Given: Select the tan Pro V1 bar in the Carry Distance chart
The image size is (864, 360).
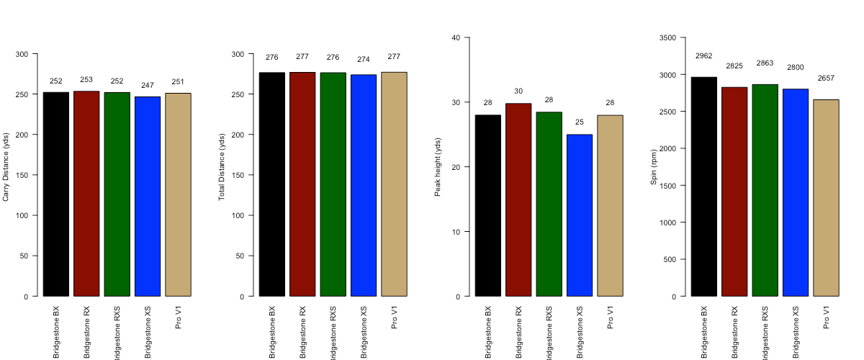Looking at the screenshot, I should click(x=178, y=194).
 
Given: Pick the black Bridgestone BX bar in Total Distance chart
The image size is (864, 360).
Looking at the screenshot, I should click(x=272, y=184).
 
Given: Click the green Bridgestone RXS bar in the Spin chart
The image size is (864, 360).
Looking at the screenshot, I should click(x=765, y=190).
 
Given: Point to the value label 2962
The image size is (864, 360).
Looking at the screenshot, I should click(x=704, y=55).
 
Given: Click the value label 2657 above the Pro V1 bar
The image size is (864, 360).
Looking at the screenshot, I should click(x=826, y=78).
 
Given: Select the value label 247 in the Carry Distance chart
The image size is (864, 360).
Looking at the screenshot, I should click(x=148, y=85).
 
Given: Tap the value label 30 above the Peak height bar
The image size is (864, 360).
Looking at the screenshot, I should click(x=518, y=91).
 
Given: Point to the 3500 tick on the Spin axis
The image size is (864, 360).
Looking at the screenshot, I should click(x=667, y=37).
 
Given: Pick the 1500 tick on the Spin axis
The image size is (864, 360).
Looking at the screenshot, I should click(x=667, y=186).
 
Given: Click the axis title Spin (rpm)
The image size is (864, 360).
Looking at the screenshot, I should click(x=654, y=167).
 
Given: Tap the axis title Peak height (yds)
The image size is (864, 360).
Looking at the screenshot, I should click(x=438, y=167).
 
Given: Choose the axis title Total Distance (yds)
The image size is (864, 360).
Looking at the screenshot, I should click(x=222, y=167).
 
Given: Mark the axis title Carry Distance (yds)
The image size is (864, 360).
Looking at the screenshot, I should click(x=6, y=167).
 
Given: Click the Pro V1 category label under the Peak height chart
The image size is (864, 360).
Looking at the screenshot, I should click(x=611, y=318).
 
